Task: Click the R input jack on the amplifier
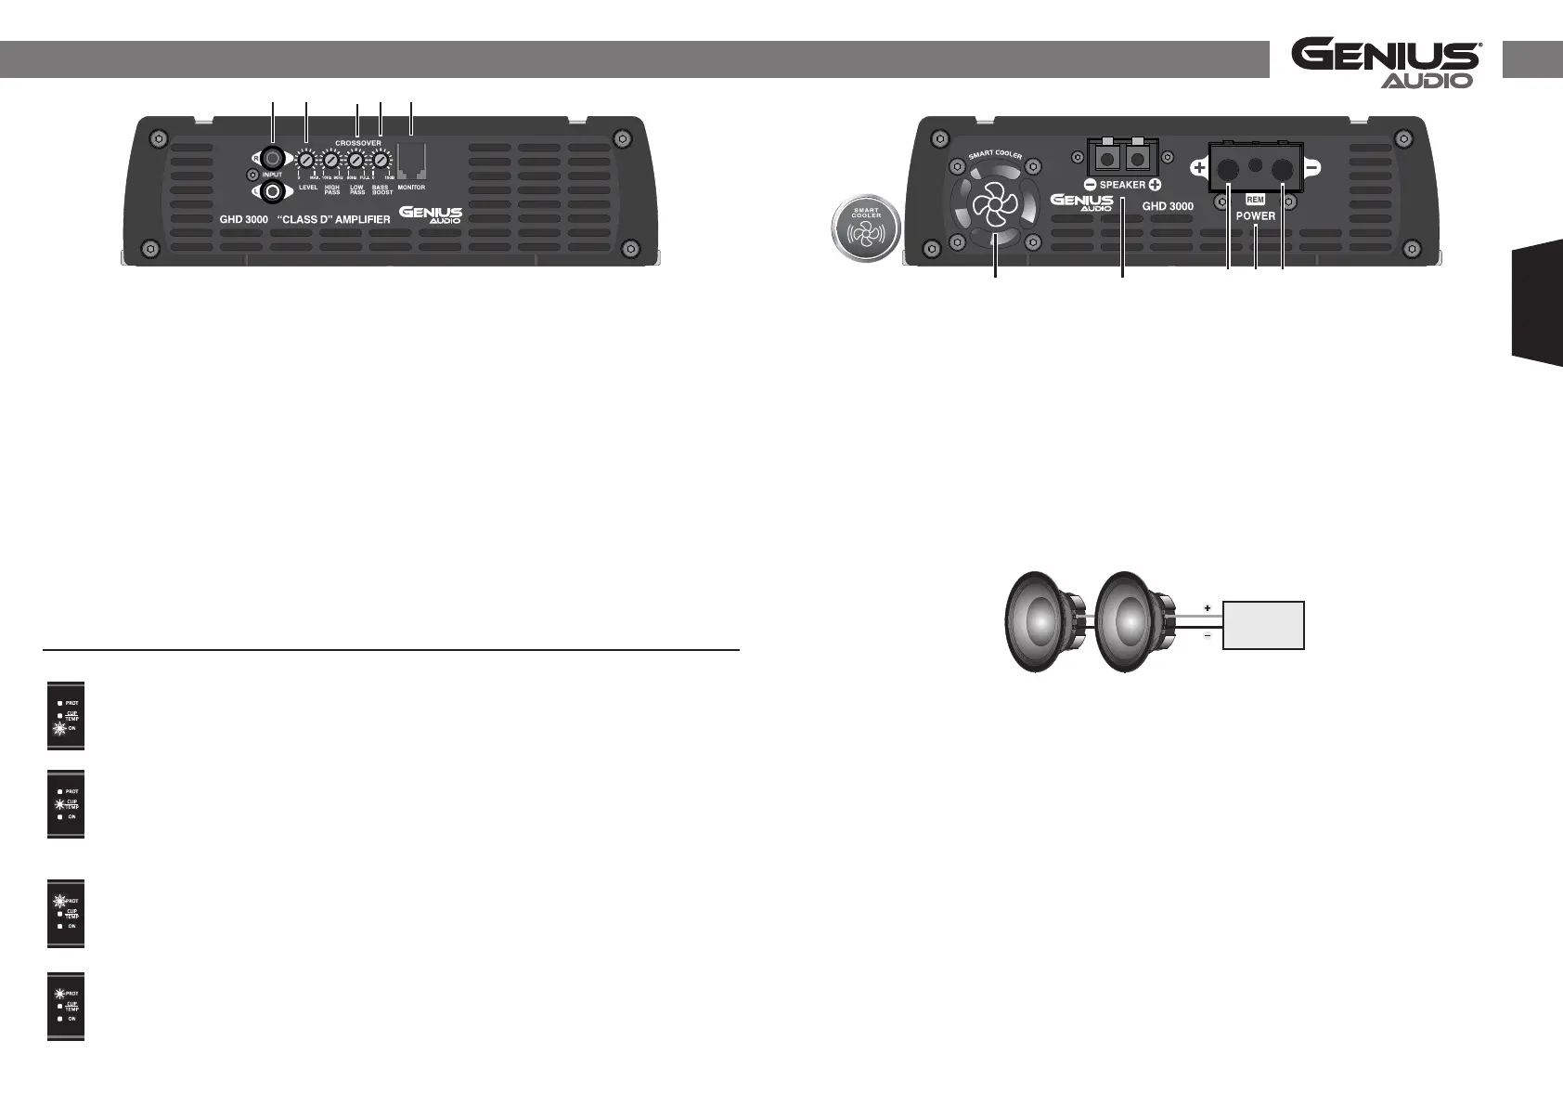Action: click(x=272, y=158)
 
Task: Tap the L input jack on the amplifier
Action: click(x=272, y=192)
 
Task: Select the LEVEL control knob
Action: click(x=306, y=162)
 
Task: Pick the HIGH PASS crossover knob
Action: click(x=331, y=162)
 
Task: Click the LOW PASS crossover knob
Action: click(x=356, y=162)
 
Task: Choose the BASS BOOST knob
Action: click(x=381, y=162)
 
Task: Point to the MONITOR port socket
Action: click(x=410, y=162)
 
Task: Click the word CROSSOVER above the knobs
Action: click(x=357, y=143)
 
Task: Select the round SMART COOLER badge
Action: click(x=865, y=228)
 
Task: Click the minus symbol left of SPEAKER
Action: click(x=1090, y=185)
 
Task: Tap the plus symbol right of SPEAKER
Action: click(x=1156, y=185)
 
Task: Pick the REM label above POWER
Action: click(x=1255, y=200)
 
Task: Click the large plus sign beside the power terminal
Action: click(x=1199, y=169)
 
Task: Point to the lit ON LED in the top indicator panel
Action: click(x=59, y=729)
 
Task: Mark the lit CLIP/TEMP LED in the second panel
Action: click(x=59, y=804)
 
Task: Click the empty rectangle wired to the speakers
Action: click(x=1264, y=625)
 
